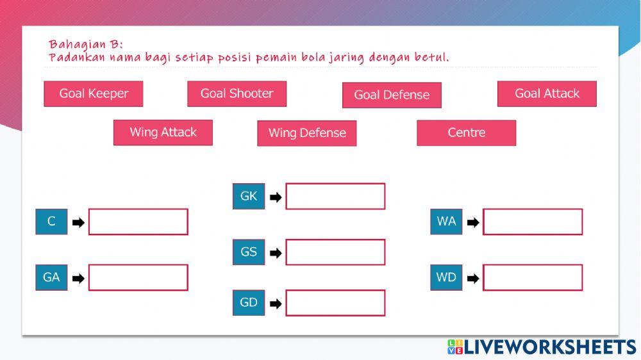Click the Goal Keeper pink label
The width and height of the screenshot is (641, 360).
click(x=94, y=94)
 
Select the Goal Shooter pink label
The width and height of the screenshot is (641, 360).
click(x=237, y=94)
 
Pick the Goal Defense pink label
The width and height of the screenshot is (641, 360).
click(x=392, y=95)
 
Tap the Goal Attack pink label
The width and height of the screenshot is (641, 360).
click(x=547, y=94)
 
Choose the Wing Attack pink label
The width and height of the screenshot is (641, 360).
click(x=163, y=133)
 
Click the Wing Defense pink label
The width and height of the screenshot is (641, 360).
click(x=306, y=133)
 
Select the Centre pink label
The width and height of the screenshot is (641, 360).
click(x=466, y=133)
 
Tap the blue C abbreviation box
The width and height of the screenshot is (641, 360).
click(x=51, y=222)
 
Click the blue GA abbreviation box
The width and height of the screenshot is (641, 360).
click(x=51, y=277)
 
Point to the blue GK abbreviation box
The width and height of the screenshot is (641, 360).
click(x=249, y=196)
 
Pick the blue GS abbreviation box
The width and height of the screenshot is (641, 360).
click(x=249, y=252)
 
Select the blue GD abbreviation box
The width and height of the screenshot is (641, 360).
click(x=249, y=302)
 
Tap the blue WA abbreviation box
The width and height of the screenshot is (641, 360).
click(x=446, y=222)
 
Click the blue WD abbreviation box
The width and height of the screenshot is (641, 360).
click(x=446, y=277)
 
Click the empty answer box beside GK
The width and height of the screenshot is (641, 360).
click(x=335, y=197)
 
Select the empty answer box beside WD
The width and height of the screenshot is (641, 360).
click(x=533, y=278)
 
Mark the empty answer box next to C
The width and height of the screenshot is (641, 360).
click(x=138, y=222)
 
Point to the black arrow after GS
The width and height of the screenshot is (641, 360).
click(x=276, y=253)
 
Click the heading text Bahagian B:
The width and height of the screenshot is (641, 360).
click(x=85, y=44)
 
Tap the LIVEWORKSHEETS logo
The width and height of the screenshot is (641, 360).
click(x=542, y=347)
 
